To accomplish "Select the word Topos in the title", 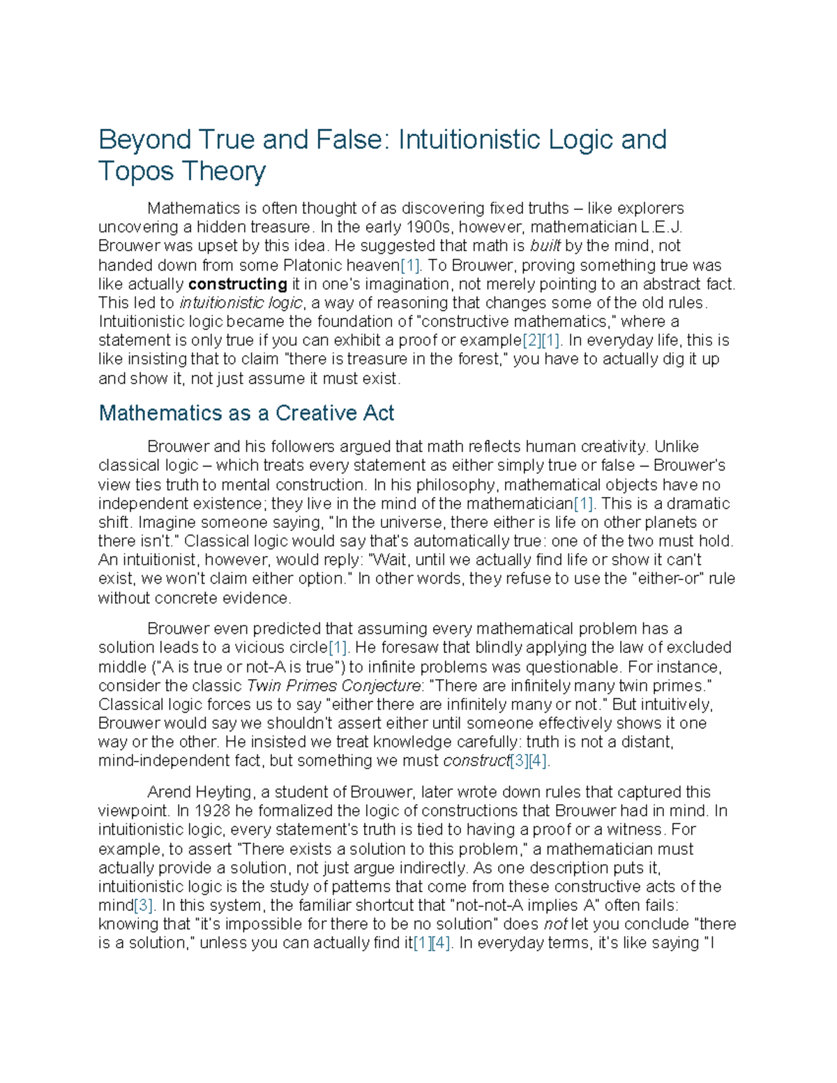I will tap(136, 171).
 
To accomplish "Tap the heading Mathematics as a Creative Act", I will tap(246, 413).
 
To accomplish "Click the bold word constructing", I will tap(238, 284).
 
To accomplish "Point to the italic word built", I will tap(545, 246).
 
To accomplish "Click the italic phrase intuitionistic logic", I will tap(241, 303).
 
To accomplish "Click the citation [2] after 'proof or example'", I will tap(532, 340).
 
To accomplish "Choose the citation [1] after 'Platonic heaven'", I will tap(409, 265).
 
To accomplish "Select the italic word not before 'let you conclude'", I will tap(555, 924).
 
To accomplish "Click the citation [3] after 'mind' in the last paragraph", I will tap(143, 905).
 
